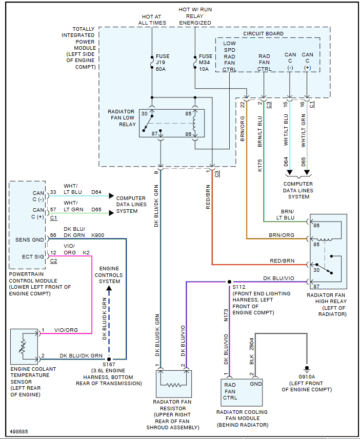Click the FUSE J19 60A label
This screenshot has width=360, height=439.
pyautogui.click(x=163, y=63)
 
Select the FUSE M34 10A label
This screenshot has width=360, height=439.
pyautogui.click(x=205, y=63)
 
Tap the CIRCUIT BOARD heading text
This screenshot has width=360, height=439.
pyautogui.click(x=263, y=34)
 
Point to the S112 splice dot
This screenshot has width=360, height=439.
pyautogui.click(x=229, y=282)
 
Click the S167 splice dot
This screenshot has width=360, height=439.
pyautogui.click(x=109, y=360)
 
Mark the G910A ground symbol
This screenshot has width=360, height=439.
pyautogui.click(x=307, y=369)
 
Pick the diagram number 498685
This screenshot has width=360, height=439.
pyautogui.click(x=19, y=432)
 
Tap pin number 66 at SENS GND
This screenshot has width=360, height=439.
pyautogui.click(x=52, y=235)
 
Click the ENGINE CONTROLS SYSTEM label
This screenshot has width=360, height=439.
pyautogui.click(x=109, y=275)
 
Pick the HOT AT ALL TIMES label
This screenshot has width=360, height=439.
pyautogui.click(x=152, y=19)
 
